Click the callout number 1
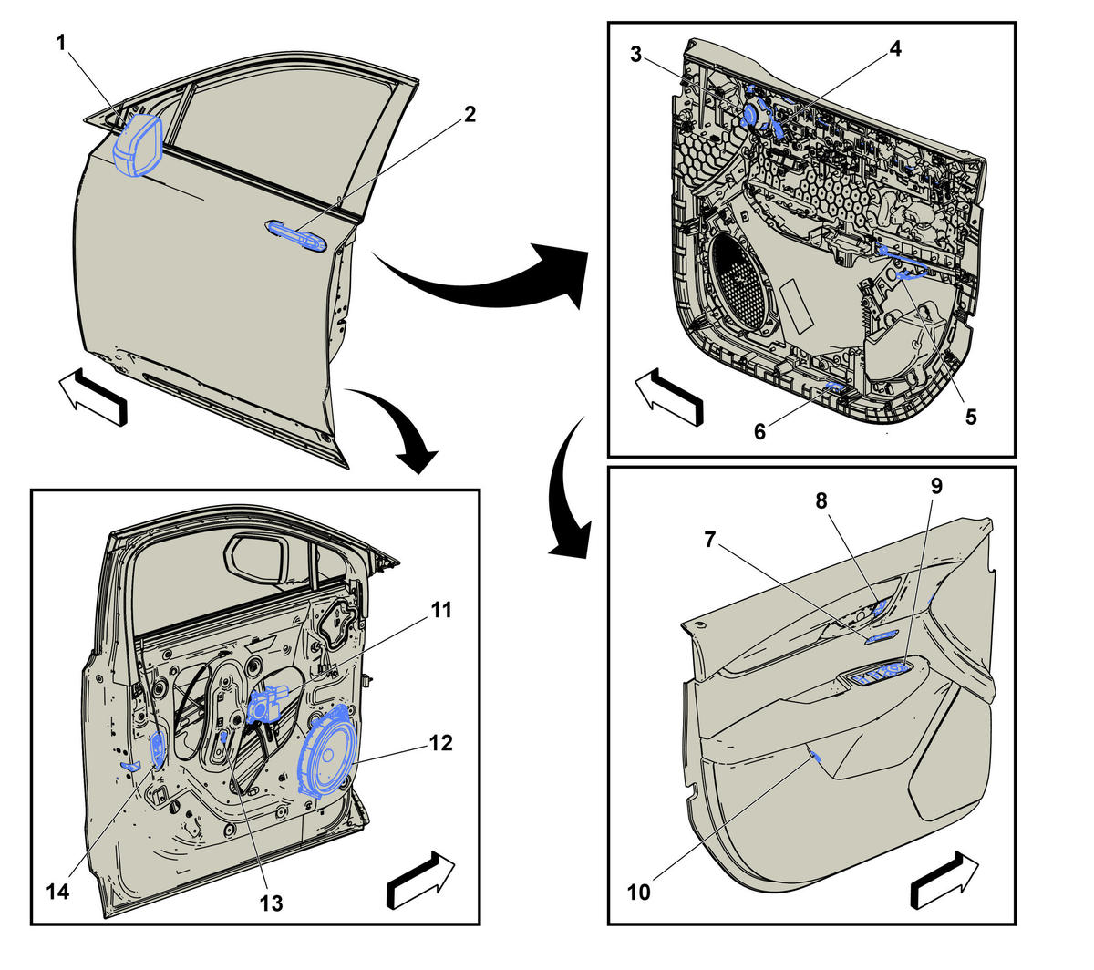[x=61, y=43]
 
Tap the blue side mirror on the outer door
[x=139, y=145]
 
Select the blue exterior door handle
[x=296, y=236]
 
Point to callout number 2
[x=470, y=114]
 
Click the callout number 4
[x=894, y=48]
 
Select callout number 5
[x=971, y=417]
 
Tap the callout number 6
[x=759, y=431]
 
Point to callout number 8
[x=821, y=500]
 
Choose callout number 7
[x=710, y=539]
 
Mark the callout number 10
[x=638, y=893]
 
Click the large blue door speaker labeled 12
[x=327, y=751]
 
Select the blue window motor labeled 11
[x=265, y=703]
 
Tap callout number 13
[x=271, y=903]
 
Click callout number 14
[x=57, y=893]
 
